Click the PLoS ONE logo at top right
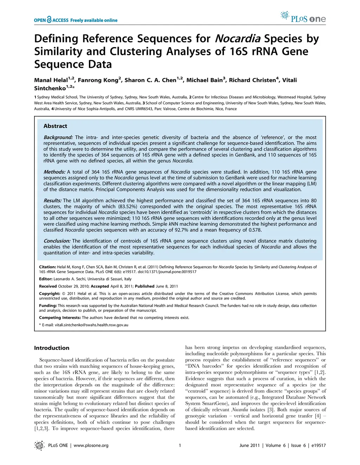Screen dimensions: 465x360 [303, 17]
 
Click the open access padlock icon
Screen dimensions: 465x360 [49, 20]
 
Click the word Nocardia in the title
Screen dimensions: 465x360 [237, 38]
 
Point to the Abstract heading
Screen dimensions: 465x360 [55, 126]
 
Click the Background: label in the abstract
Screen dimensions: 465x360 [58, 137]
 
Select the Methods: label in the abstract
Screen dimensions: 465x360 [54, 172]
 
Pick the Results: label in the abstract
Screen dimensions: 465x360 [52, 201]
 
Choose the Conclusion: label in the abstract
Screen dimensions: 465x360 [57, 241]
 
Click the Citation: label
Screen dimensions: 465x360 [47, 267]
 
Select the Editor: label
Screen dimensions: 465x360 [46, 279]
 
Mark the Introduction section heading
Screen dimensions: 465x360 [52, 348]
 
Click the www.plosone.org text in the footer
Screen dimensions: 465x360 [91, 445]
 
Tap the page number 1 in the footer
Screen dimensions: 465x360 [180, 445]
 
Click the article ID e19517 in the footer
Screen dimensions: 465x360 [319, 445]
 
